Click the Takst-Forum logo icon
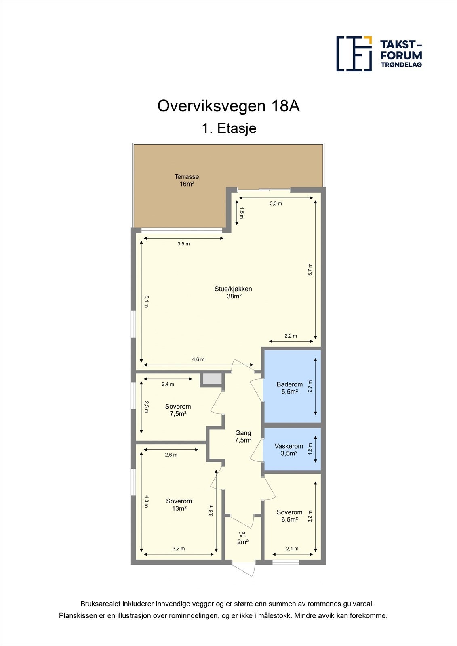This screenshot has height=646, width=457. [354, 54]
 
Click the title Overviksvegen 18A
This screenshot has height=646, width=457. [228, 106]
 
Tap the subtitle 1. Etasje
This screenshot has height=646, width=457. [229, 128]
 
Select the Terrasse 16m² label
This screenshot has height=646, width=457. [187, 180]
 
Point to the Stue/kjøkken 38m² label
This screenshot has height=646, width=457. [233, 292]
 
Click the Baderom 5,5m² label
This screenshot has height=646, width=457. [289, 388]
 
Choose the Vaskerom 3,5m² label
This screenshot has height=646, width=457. [289, 450]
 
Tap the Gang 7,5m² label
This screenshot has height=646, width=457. [243, 436]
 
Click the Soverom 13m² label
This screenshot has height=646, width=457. [179, 505]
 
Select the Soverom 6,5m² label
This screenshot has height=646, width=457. [289, 516]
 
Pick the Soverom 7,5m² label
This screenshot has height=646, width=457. [178, 410]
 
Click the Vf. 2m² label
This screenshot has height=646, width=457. [242, 538]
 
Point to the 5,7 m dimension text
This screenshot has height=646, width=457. [310, 270]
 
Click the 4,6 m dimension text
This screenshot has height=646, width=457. [198, 359]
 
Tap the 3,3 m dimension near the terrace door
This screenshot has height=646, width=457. [276, 203]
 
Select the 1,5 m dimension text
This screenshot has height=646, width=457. [241, 213]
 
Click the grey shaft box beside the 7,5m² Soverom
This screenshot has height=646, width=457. [212, 379]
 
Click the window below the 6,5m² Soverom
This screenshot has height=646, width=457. [286, 562]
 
